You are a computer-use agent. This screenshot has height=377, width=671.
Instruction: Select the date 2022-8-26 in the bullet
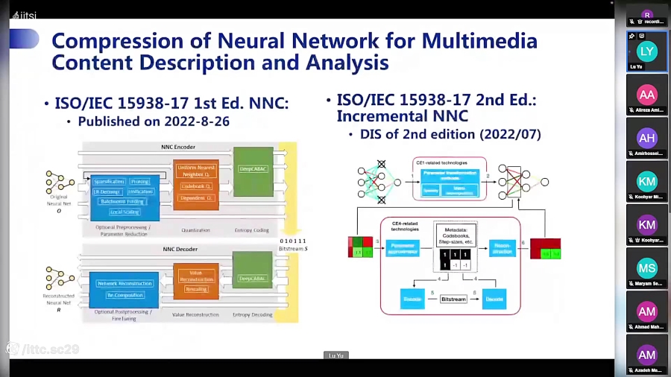(200, 121)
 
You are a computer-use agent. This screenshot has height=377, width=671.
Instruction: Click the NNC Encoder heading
(178, 147)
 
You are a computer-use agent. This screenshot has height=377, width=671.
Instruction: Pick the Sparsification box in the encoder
(109, 182)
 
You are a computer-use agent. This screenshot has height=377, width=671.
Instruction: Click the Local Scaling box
(124, 212)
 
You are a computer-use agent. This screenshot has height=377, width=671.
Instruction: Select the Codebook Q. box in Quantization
(196, 186)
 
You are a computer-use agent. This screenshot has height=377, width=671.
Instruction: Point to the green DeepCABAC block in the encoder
(253, 169)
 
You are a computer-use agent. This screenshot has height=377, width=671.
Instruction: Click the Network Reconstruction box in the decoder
(125, 283)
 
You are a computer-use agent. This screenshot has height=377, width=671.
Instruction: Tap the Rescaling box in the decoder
(196, 289)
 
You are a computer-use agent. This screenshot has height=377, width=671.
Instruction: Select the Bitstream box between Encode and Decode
(453, 299)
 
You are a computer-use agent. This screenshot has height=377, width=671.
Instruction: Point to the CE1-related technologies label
(441, 162)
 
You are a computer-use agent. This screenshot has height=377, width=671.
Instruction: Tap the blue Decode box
(494, 299)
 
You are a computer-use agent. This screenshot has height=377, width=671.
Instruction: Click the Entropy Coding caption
(252, 230)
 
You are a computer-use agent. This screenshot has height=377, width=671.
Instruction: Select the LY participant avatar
(646, 51)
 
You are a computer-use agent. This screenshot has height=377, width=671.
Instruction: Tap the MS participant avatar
(646, 268)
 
